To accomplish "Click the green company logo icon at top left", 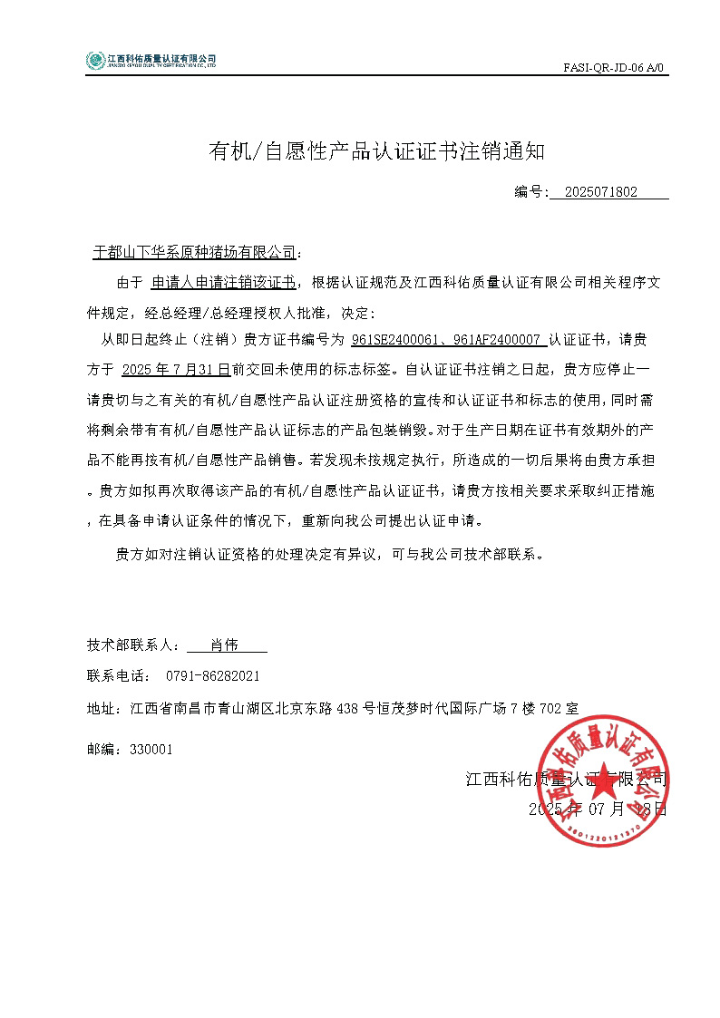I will tap(95, 61).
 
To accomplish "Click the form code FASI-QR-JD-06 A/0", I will tap(614, 67).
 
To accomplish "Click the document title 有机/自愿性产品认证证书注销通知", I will tap(376, 151).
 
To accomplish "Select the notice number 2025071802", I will tap(600, 192).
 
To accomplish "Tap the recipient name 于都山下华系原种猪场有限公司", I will tap(195, 251).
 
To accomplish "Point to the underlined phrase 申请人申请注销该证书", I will tap(223, 282).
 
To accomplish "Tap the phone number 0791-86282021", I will tap(213, 676).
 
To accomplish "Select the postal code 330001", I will tap(151, 750).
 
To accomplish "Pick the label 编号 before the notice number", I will tap(529, 192).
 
